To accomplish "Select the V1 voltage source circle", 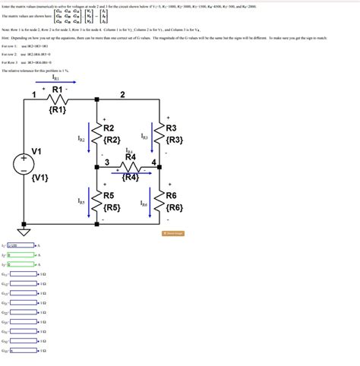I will pyautogui.click(x=24, y=160).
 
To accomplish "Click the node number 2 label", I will pyautogui.click(x=122, y=94).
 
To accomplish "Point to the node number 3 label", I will pyautogui.click(x=107, y=162).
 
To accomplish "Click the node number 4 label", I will pyautogui.click(x=154, y=163).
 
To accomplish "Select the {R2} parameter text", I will pyautogui.click(x=112, y=140).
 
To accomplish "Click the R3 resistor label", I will pyautogui.click(x=171, y=128).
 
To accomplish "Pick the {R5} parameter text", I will pyautogui.click(x=112, y=207).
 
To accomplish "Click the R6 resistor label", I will pyautogui.click(x=171, y=195).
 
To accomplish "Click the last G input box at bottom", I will pyautogui.click(x=23, y=350).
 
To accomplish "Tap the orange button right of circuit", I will pyautogui.click(x=174, y=233).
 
